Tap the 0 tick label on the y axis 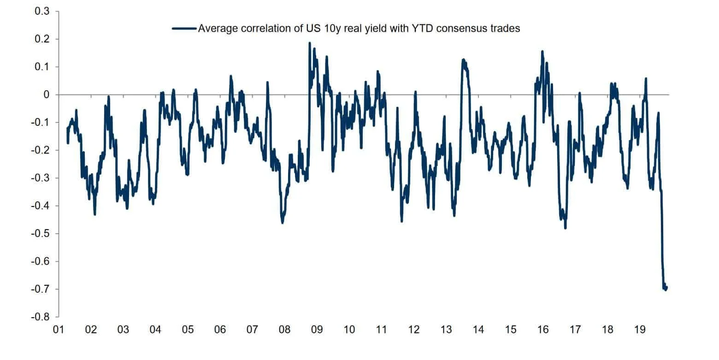coord(47,95)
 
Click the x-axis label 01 coord(59,330)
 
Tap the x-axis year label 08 coord(284,330)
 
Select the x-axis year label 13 coord(446,330)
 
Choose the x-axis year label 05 coord(188,330)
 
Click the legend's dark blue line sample coord(184,29)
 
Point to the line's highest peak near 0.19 coord(309,43)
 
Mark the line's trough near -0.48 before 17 coord(565,228)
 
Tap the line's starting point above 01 coord(67,129)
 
